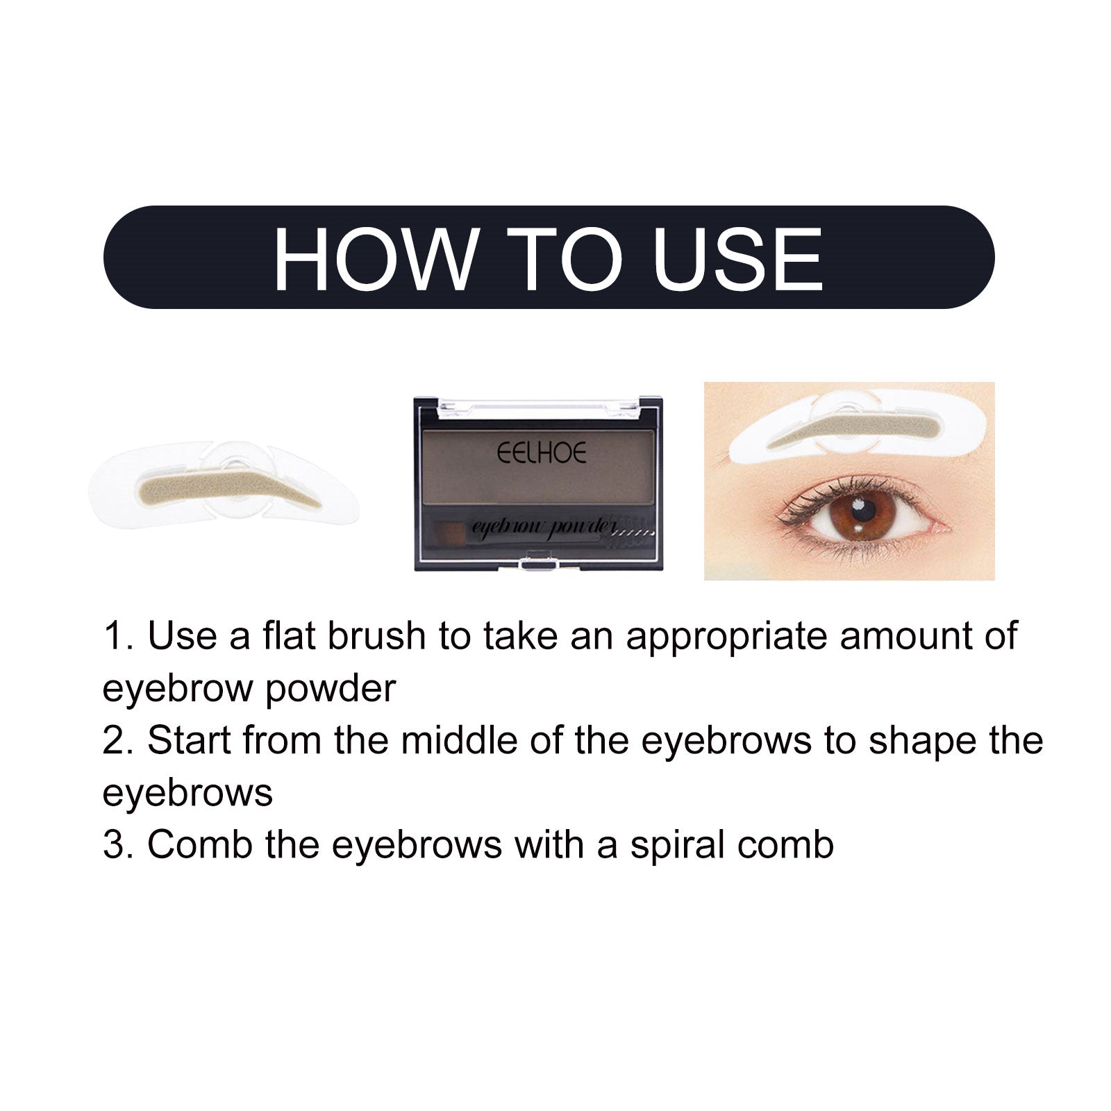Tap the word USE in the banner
pos(737,258)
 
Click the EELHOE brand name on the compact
pos(542,453)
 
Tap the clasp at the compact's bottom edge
pos(539,561)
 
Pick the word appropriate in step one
pos(726,637)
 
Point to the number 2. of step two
pos(119,740)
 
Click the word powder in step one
pos(331,689)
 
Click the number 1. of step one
pos(119,636)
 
